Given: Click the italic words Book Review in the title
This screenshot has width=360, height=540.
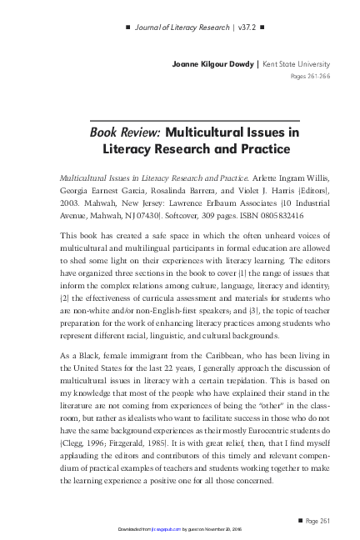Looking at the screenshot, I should pyautogui.click(x=125, y=132).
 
